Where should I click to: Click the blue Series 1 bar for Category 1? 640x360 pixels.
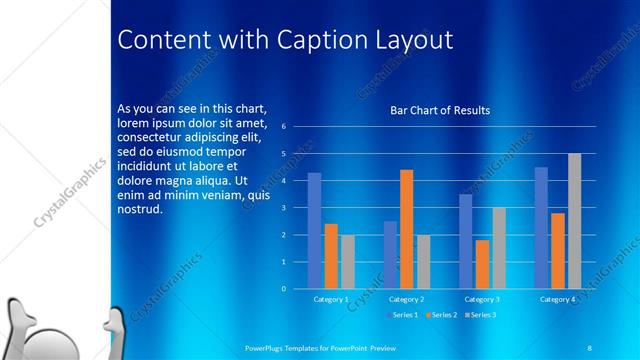coord(314,230)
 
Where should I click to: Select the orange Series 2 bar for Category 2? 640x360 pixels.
coord(406,229)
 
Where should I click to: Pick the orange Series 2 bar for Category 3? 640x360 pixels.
coord(482,264)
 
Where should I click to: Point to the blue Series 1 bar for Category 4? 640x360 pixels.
coord(541,227)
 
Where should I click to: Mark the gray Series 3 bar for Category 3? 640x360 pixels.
coord(498,247)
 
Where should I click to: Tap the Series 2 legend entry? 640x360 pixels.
coord(441,315)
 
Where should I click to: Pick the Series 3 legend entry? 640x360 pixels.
coord(479,315)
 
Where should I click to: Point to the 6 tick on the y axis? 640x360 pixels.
coord(284,127)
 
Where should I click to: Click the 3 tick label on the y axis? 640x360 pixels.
coord(284,208)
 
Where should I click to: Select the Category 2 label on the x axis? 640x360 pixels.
coord(406,299)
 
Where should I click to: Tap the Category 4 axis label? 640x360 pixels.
coord(557,299)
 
